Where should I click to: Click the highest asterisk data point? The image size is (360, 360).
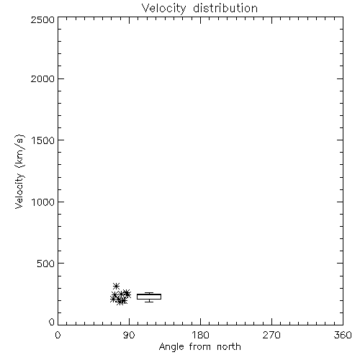pyautogui.click(x=116, y=286)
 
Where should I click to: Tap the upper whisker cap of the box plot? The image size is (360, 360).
pyautogui.click(x=149, y=292)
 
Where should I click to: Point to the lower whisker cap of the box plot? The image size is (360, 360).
pyautogui.click(x=149, y=302)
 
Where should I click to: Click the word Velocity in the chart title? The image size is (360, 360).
pyautogui.click(x=163, y=9)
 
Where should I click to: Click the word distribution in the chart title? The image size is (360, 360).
pyautogui.click(x=225, y=8)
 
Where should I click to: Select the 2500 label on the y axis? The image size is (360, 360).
pyautogui.click(x=42, y=19)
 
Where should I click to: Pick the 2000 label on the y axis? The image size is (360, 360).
pyautogui.click(x=42, y=78)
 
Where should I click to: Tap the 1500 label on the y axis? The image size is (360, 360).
pyautogui.click(x=43, y=140)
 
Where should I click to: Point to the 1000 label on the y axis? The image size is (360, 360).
pyautogui.click(x=43, y=202)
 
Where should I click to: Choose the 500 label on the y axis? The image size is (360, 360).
pyautogui.click(x=46, y=264)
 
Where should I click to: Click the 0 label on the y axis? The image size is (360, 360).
pyautogui.click(x=52, y=322)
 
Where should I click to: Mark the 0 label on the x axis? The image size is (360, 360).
pyautogui.click(x=58, y=335)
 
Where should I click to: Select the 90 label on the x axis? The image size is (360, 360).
pyautogui.click(x=129, y=335)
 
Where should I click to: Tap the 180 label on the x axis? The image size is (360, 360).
pyautogui.click(x=200, y=335)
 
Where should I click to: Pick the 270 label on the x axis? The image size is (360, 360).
pyautogui.click(x=271, y=335)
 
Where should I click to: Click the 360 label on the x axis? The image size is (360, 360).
pyautogui.click(x=343, y=335)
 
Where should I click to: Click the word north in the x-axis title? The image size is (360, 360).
pyautogui.click(x=229, y=347)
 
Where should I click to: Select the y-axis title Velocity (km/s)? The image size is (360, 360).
pyautogui.click(x=19, y=171)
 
